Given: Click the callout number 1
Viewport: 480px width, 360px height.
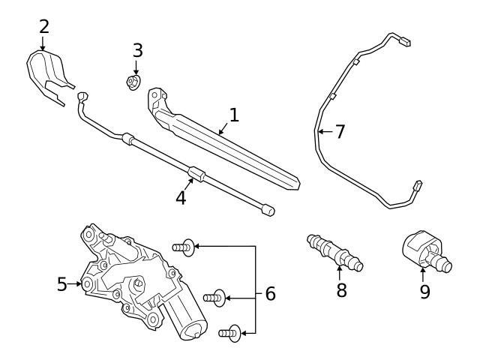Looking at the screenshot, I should [234, 115].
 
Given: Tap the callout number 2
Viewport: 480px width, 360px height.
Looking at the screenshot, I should [44, 27].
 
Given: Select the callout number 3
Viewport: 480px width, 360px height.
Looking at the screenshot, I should [137, 51].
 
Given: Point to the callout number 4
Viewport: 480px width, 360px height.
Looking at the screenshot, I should [181, 198].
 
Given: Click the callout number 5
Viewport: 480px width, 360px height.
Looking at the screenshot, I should [61, 284].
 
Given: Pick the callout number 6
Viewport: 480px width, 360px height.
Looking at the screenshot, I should [270, 294].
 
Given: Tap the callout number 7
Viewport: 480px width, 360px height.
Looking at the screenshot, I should [340, 132].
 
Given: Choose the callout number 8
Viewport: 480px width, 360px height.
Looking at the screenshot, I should [341, 289].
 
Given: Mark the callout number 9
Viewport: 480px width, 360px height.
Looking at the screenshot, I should [424, 291].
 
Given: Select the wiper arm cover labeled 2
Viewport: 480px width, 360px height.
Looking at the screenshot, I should [46, 73].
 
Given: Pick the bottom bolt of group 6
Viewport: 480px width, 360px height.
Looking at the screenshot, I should [229, 332].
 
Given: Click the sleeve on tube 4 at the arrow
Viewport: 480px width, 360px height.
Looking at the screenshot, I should [196, 172].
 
